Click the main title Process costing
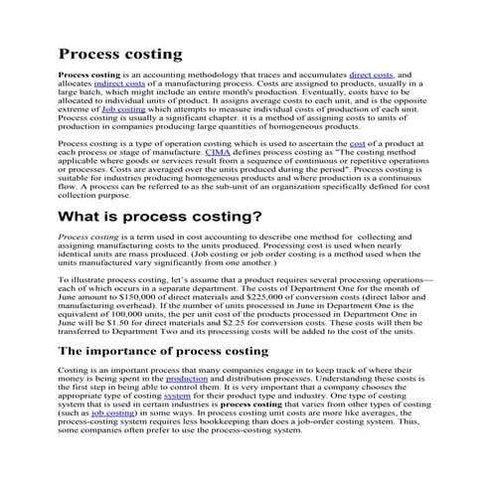point(119,52)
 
